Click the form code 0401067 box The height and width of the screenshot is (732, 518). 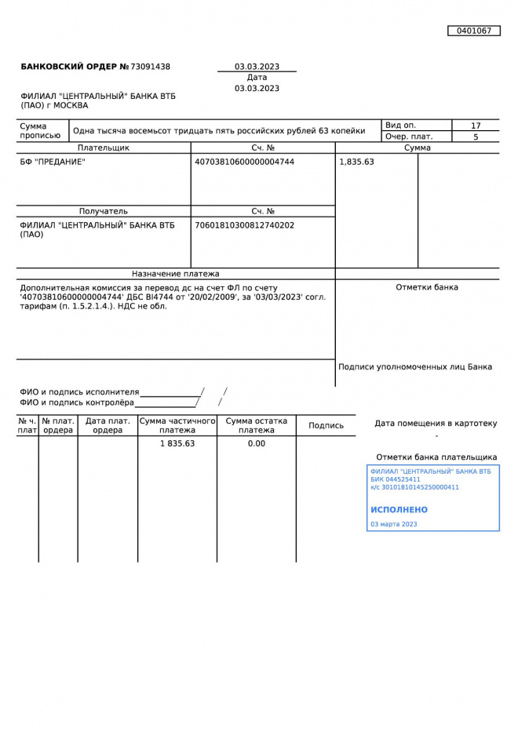[x=474, y=31]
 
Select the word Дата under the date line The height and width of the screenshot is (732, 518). [x=257, y=78]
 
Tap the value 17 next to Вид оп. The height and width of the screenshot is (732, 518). [x=476, y=126]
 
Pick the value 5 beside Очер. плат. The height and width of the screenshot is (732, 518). [x=476, y=137]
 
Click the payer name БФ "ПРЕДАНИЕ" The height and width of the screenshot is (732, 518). [x=53, y=162]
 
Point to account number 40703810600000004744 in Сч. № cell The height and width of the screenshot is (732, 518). [x=244, y=162]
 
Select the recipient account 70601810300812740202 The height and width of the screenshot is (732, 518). [x=244, y=225]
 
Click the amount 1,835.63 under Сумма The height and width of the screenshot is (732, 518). [x=356, y=162]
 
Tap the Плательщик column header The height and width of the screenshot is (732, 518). [x=104, y=147]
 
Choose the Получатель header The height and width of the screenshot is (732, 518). [x=104, y=211]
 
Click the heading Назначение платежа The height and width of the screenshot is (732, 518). [x=176, y=274]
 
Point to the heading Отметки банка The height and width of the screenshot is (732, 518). [x=427, y=287]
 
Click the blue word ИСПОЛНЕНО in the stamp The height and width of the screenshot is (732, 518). [x=399, y=510]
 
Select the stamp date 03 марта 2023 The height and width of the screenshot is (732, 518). [x=394, y=524]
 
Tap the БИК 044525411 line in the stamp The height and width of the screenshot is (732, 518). [x=396, y=479]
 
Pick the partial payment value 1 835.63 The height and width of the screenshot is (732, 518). [x=177, y=443]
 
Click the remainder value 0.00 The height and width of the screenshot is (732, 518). [x=257, y=443]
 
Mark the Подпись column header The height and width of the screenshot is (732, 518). [x=326, y=425]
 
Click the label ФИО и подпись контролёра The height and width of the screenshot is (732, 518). [x=77, y=402]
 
